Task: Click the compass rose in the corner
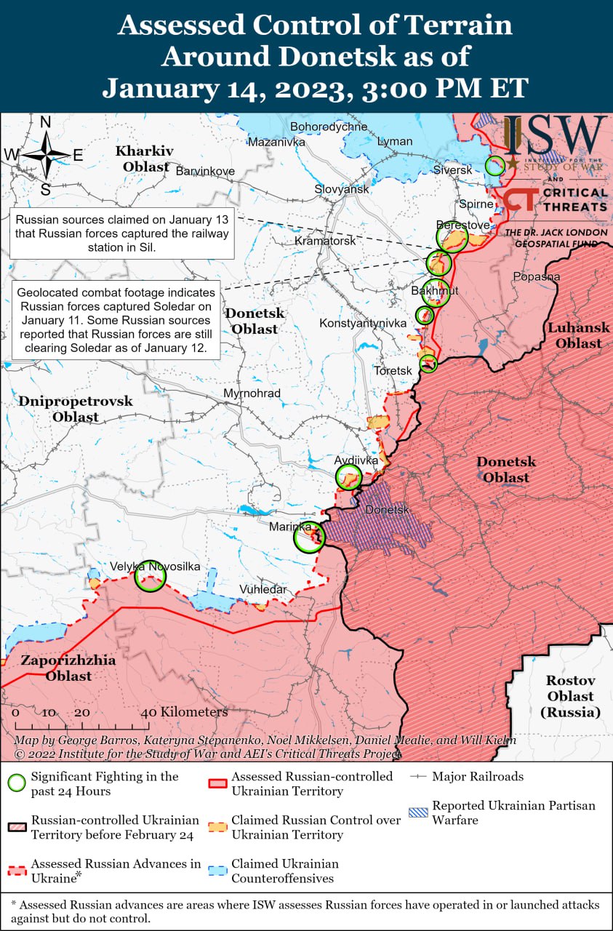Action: point(45,155)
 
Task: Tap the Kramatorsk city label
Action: point(325,241)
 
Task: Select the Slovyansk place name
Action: point(342,189)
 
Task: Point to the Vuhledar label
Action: point(263,589)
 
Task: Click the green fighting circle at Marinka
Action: point(309,539)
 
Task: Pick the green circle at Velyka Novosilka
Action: point(151,576)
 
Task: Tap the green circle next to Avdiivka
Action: point(349,477)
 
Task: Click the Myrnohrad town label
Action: point(252,393)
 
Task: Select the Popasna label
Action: point(536,277)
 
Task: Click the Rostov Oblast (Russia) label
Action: point(571,696)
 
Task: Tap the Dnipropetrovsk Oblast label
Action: point(76,409)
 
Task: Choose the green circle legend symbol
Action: point(17,783)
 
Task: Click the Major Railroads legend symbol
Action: point(419,777)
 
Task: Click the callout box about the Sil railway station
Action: point(121,233)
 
